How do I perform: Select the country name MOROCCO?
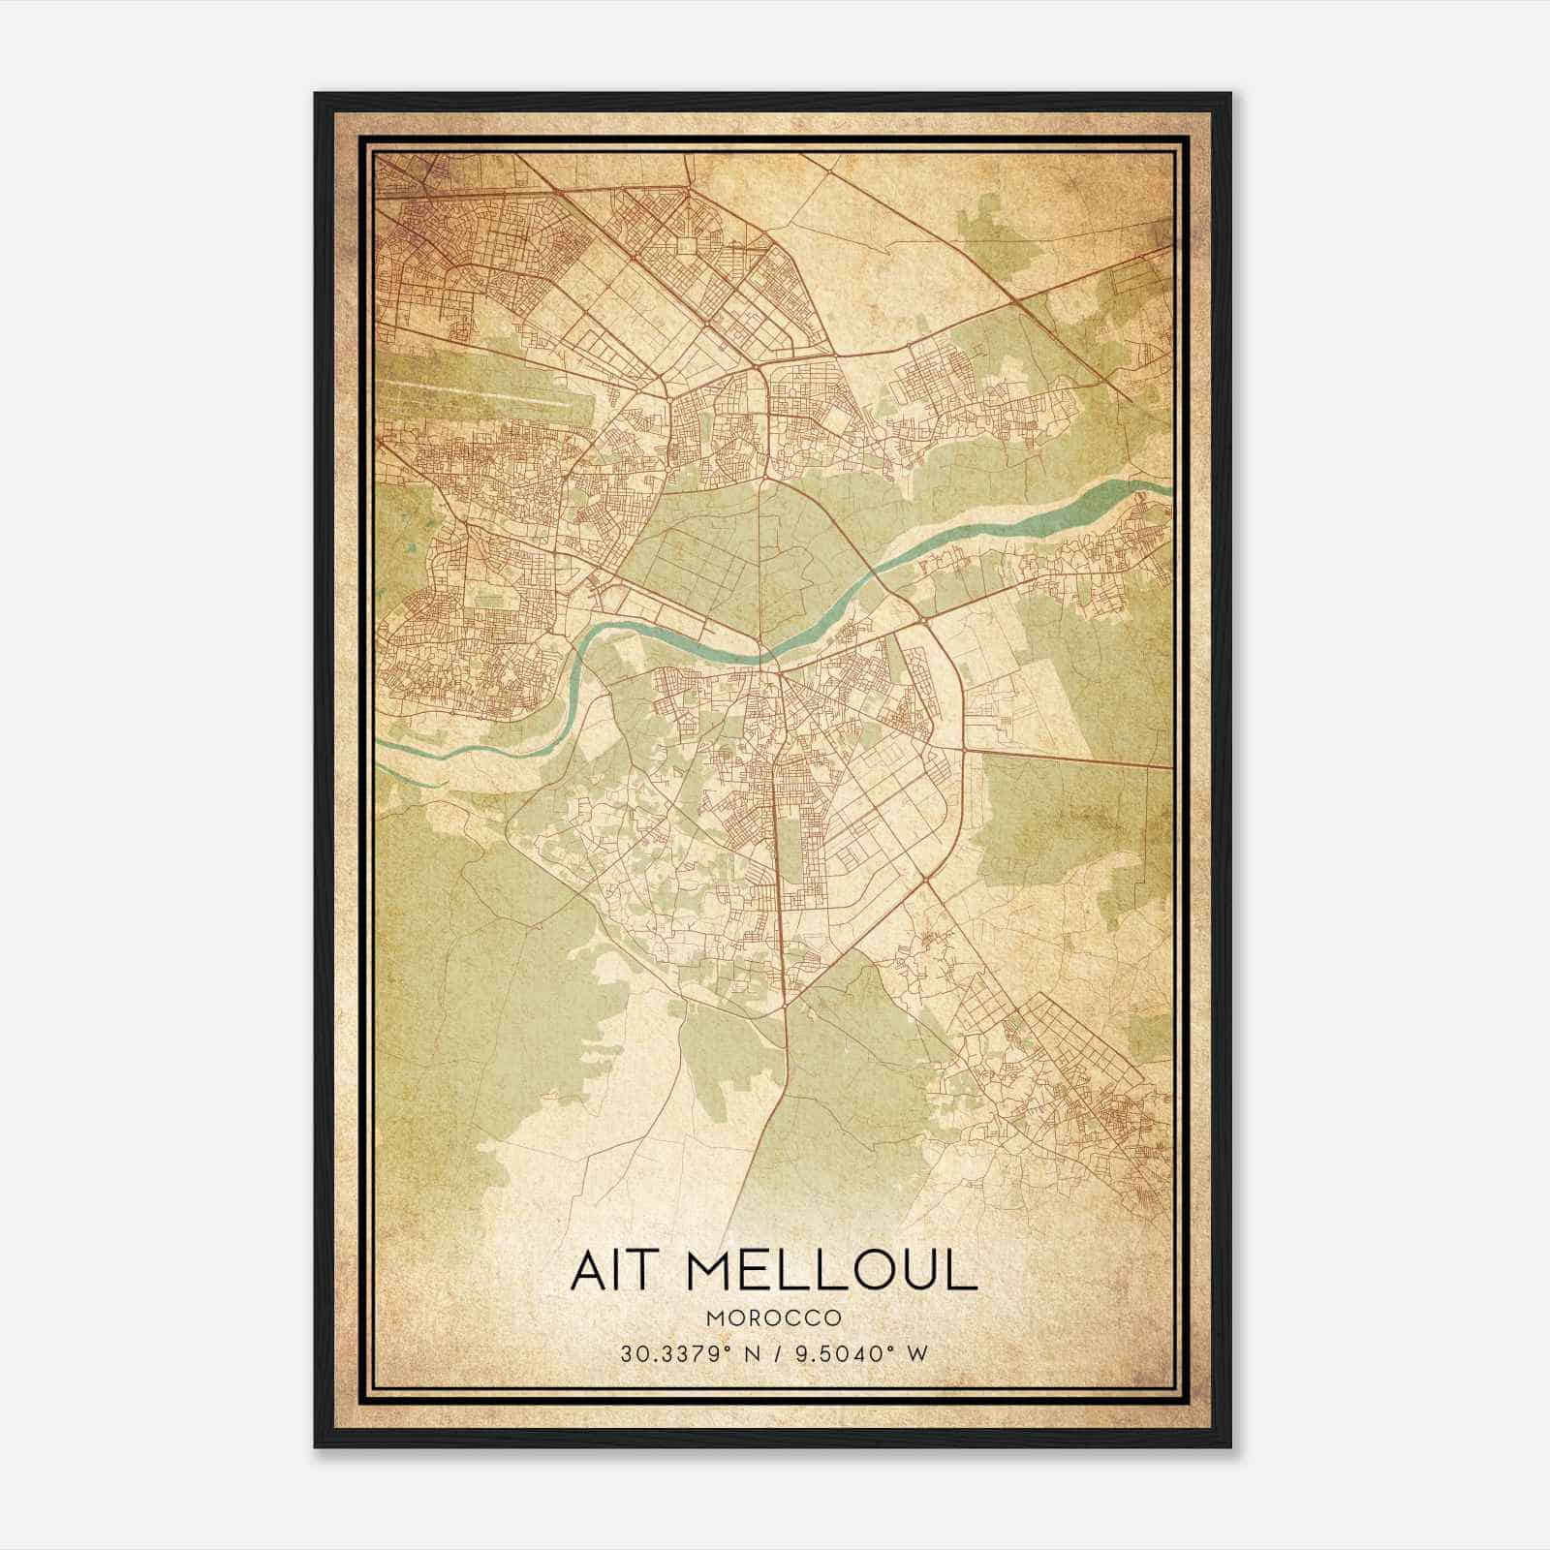[x=773, y=1318]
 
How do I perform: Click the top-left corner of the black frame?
[x=317, y=95]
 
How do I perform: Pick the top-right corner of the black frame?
[x=1229, y=95]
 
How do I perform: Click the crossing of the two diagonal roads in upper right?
[x=1012, y=301]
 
